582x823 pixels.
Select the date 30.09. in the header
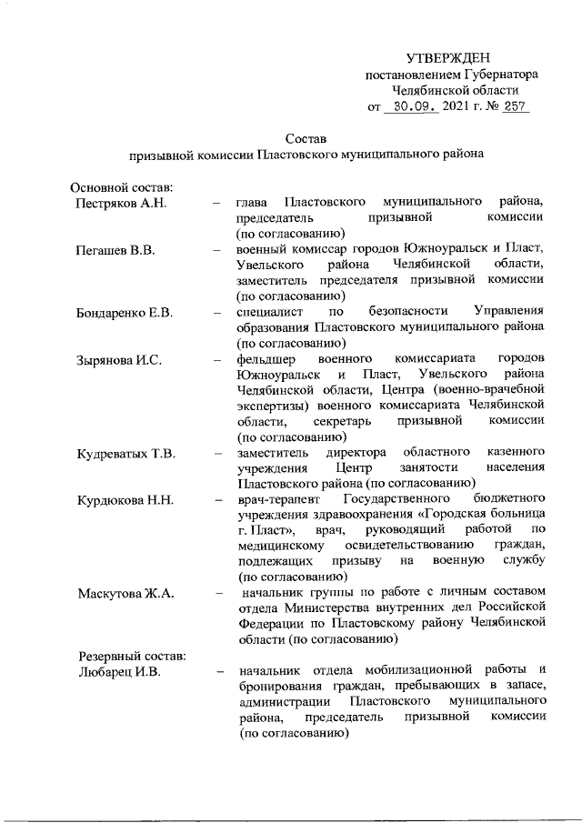coord(410,107)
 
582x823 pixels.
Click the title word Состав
coord(304,137)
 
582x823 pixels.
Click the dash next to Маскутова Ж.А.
coord(219,595)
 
